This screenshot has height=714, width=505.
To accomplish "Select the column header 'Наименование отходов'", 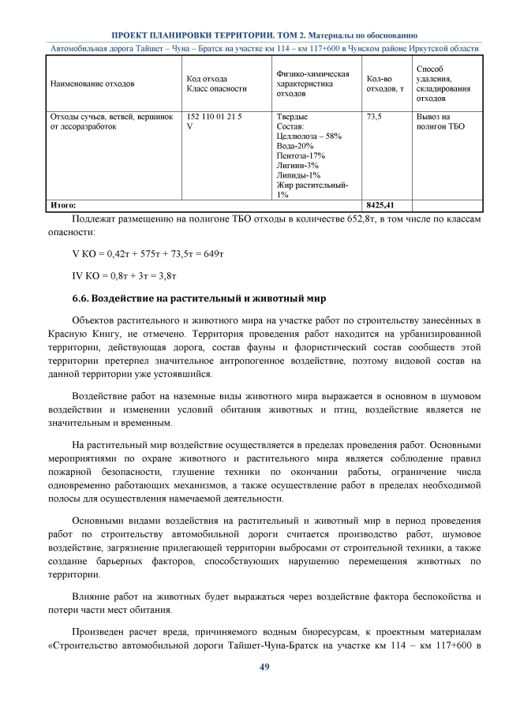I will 92,83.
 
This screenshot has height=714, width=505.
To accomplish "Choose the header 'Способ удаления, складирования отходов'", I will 440,83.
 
